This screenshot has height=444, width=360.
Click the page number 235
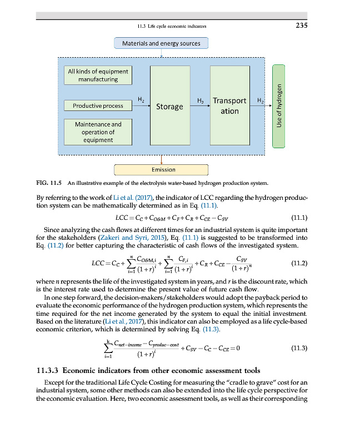(301, 25)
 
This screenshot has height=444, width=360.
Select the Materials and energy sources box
(161, 43)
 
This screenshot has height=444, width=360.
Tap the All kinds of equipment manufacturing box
(98, 75)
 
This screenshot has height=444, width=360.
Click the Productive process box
(98, 105)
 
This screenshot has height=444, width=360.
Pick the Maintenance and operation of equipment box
(98, 132)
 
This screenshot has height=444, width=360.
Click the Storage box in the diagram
(169, 106)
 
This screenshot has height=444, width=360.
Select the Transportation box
(229, 106)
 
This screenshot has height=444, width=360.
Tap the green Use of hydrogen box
(279, 106)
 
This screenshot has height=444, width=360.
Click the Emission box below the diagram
(161, 170)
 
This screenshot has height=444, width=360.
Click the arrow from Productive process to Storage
(141, 106)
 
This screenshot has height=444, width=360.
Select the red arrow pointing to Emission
(161, 159)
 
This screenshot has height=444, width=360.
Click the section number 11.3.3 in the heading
(47, 370)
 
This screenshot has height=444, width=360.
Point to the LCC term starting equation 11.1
(122, 218)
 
